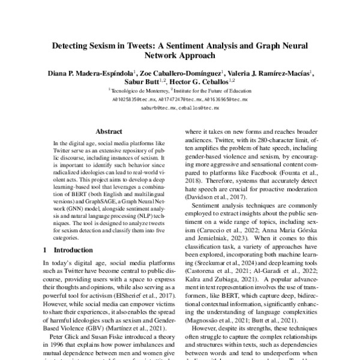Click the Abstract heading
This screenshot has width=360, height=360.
click(109, 131)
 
